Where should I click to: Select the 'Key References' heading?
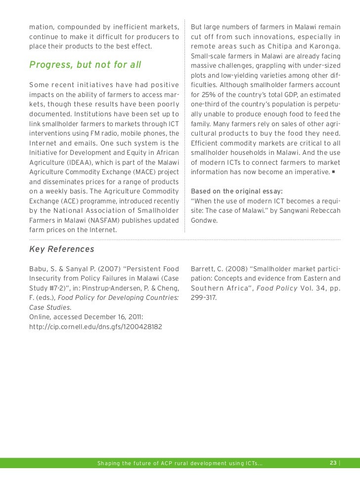[62, 249]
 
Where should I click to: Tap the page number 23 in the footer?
[333, 463]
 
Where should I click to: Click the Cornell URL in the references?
[95, 327]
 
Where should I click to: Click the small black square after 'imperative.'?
[334, 172]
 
